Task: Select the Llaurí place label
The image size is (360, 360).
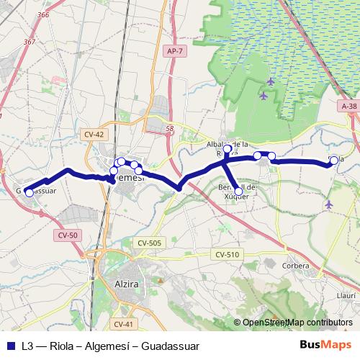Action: tap(347, 294)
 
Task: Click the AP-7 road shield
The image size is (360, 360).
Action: tap(174, 51)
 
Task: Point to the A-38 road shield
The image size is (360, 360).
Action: tap(349, 106)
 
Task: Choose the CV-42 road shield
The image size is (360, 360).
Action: tap(94, 135)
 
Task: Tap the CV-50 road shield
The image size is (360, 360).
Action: tap(68, 235)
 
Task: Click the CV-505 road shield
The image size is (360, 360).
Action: tap(149, 243)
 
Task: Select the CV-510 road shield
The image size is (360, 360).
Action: tap(226, 255)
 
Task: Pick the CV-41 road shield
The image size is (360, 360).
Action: tap(124, 324)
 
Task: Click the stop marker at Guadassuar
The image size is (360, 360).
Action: tap(29, 192)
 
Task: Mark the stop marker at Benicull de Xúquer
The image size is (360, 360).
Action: tap(238, 192)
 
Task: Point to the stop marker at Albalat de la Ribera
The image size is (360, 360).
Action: tap(228, 150)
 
